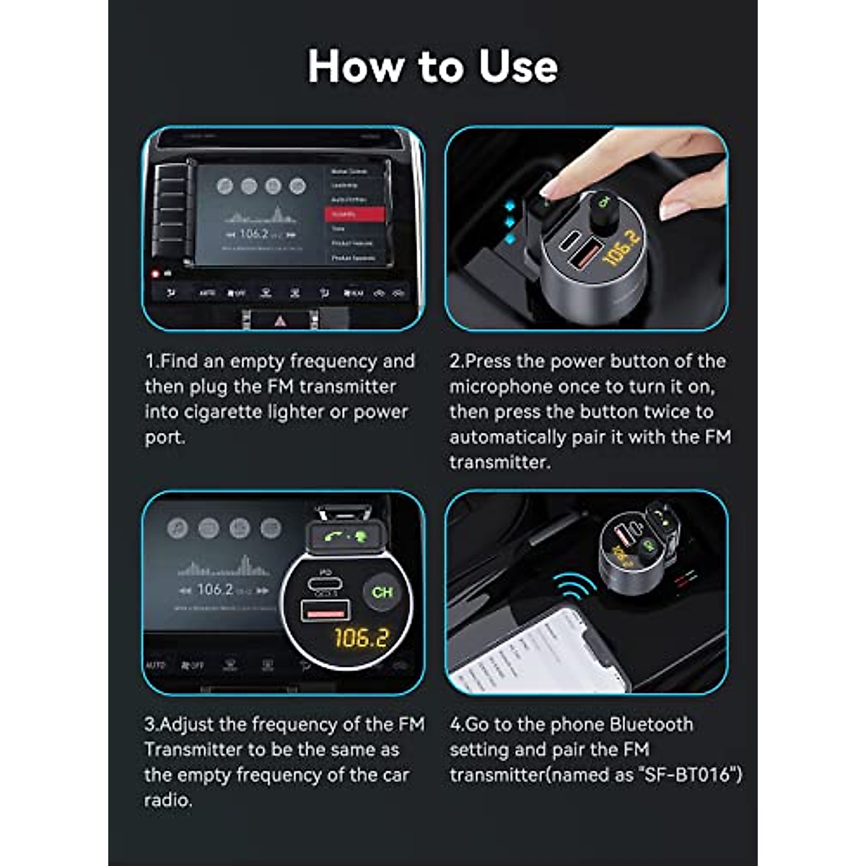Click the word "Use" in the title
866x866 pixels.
click(x=518, y=66)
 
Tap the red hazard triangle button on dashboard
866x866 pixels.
click(x=280, y=321)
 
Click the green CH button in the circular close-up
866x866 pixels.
click(x=382, y=592)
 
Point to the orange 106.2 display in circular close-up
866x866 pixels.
click(x=362, y=638)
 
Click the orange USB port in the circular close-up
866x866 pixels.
click(x=325, y=611)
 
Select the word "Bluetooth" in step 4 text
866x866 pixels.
click(x=651, y=724)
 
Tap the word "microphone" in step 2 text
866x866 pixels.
click(x=501, y=386)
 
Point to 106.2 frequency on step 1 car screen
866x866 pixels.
click(x=253, y=234)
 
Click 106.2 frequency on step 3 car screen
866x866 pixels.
click(x=215, y=590)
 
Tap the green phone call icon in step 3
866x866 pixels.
click(x=333, y=536)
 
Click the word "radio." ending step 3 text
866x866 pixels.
click(x=168, y=800)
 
